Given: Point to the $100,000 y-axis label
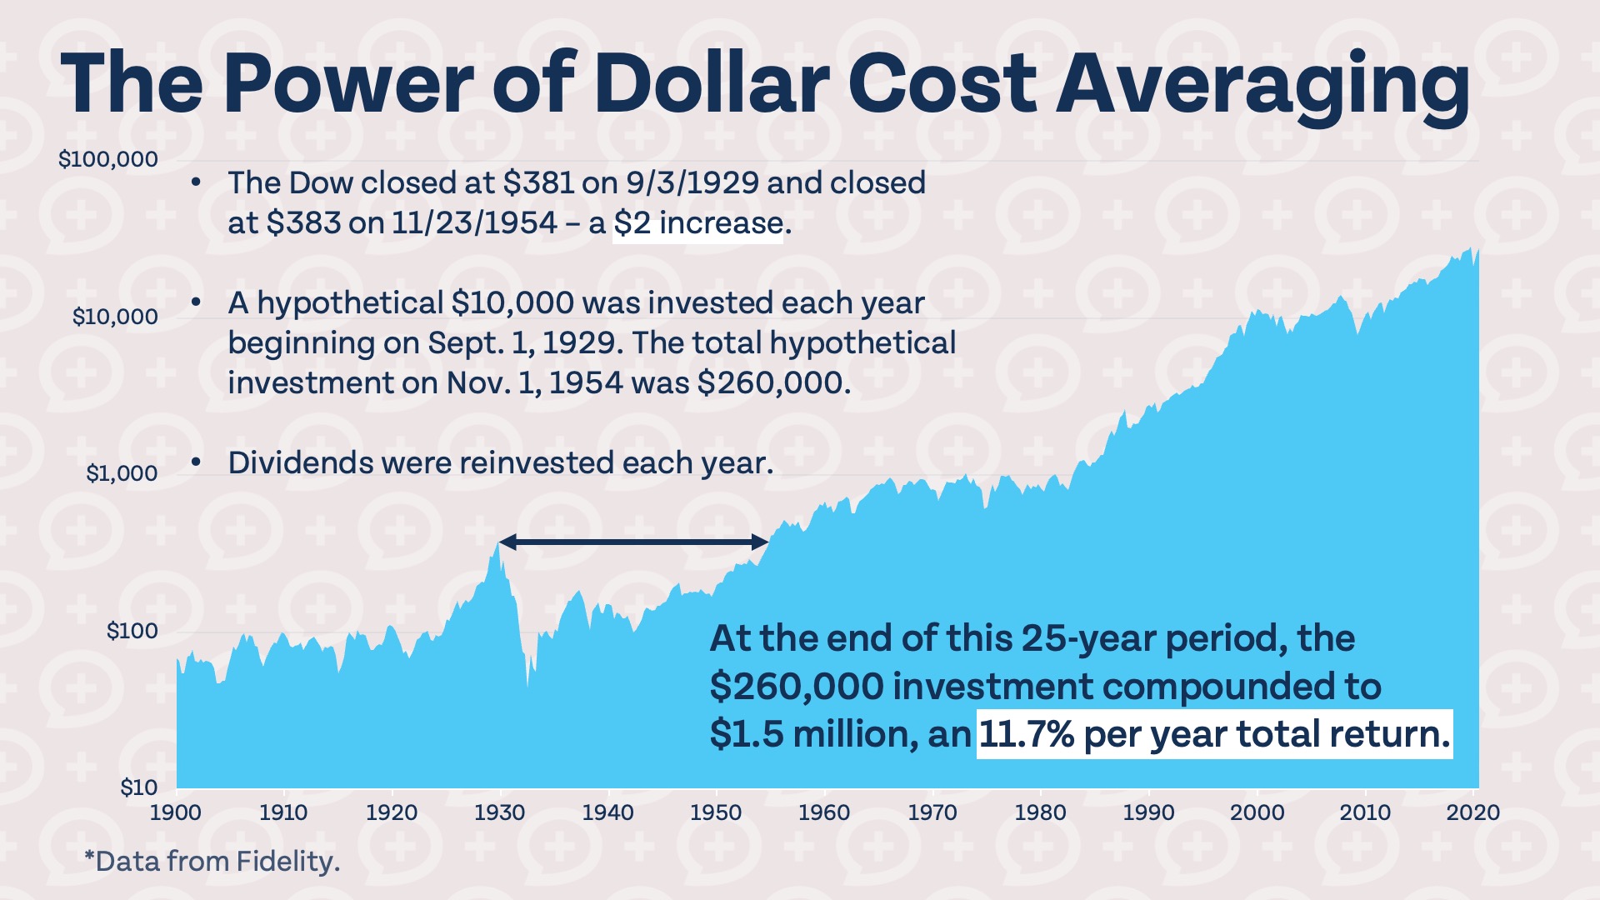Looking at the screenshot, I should click(x=107, y=159).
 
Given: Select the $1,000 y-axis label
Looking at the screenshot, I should click(x=121, y=473).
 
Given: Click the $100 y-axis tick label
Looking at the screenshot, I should click(x=132, y=631).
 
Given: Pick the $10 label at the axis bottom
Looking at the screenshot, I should click(x=138, y=787).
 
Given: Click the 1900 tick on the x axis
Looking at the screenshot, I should click(x=176, y=812).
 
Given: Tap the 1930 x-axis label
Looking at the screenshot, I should click(x=500, y=812).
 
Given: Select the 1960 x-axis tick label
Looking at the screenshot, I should click(x=824, y=812).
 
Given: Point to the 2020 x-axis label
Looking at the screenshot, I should click(x=1472, y=812).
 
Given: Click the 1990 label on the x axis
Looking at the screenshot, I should click(x=1148, y=812).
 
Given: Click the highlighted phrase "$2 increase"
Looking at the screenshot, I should click(x=698, y=223).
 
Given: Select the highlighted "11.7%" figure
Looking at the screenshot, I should click(x=1026, y=734).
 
